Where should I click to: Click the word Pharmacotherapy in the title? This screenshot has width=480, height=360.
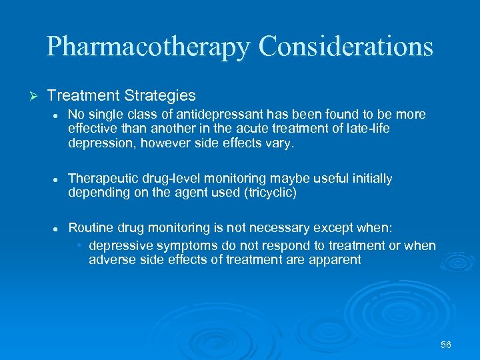point(148,47)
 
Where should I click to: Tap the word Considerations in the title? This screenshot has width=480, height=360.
point(346,46)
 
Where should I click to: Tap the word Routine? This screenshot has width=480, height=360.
point(91,228)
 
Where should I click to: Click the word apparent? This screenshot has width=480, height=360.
point(335,260)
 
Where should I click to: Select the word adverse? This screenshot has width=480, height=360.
point(111,260)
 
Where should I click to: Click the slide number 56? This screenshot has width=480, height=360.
point(446,345)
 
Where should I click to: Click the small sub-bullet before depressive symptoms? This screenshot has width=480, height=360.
point(79,245)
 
